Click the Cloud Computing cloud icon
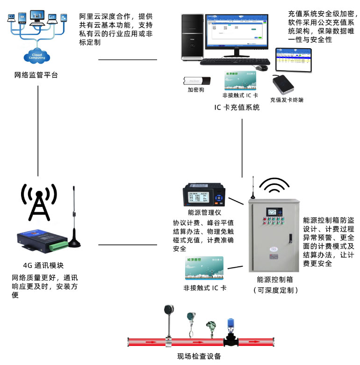pyautogui.click(x=38, y=57)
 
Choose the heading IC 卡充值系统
pyautogui.click(x=237, y=108)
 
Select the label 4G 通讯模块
pyautogui.click(x=43, y=264)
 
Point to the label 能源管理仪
pyautogui.click(x=204, y=212)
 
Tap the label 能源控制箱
pyautogui.click(x=274, y=280)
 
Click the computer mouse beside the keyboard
pyautogui.click(x=264, y=68)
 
